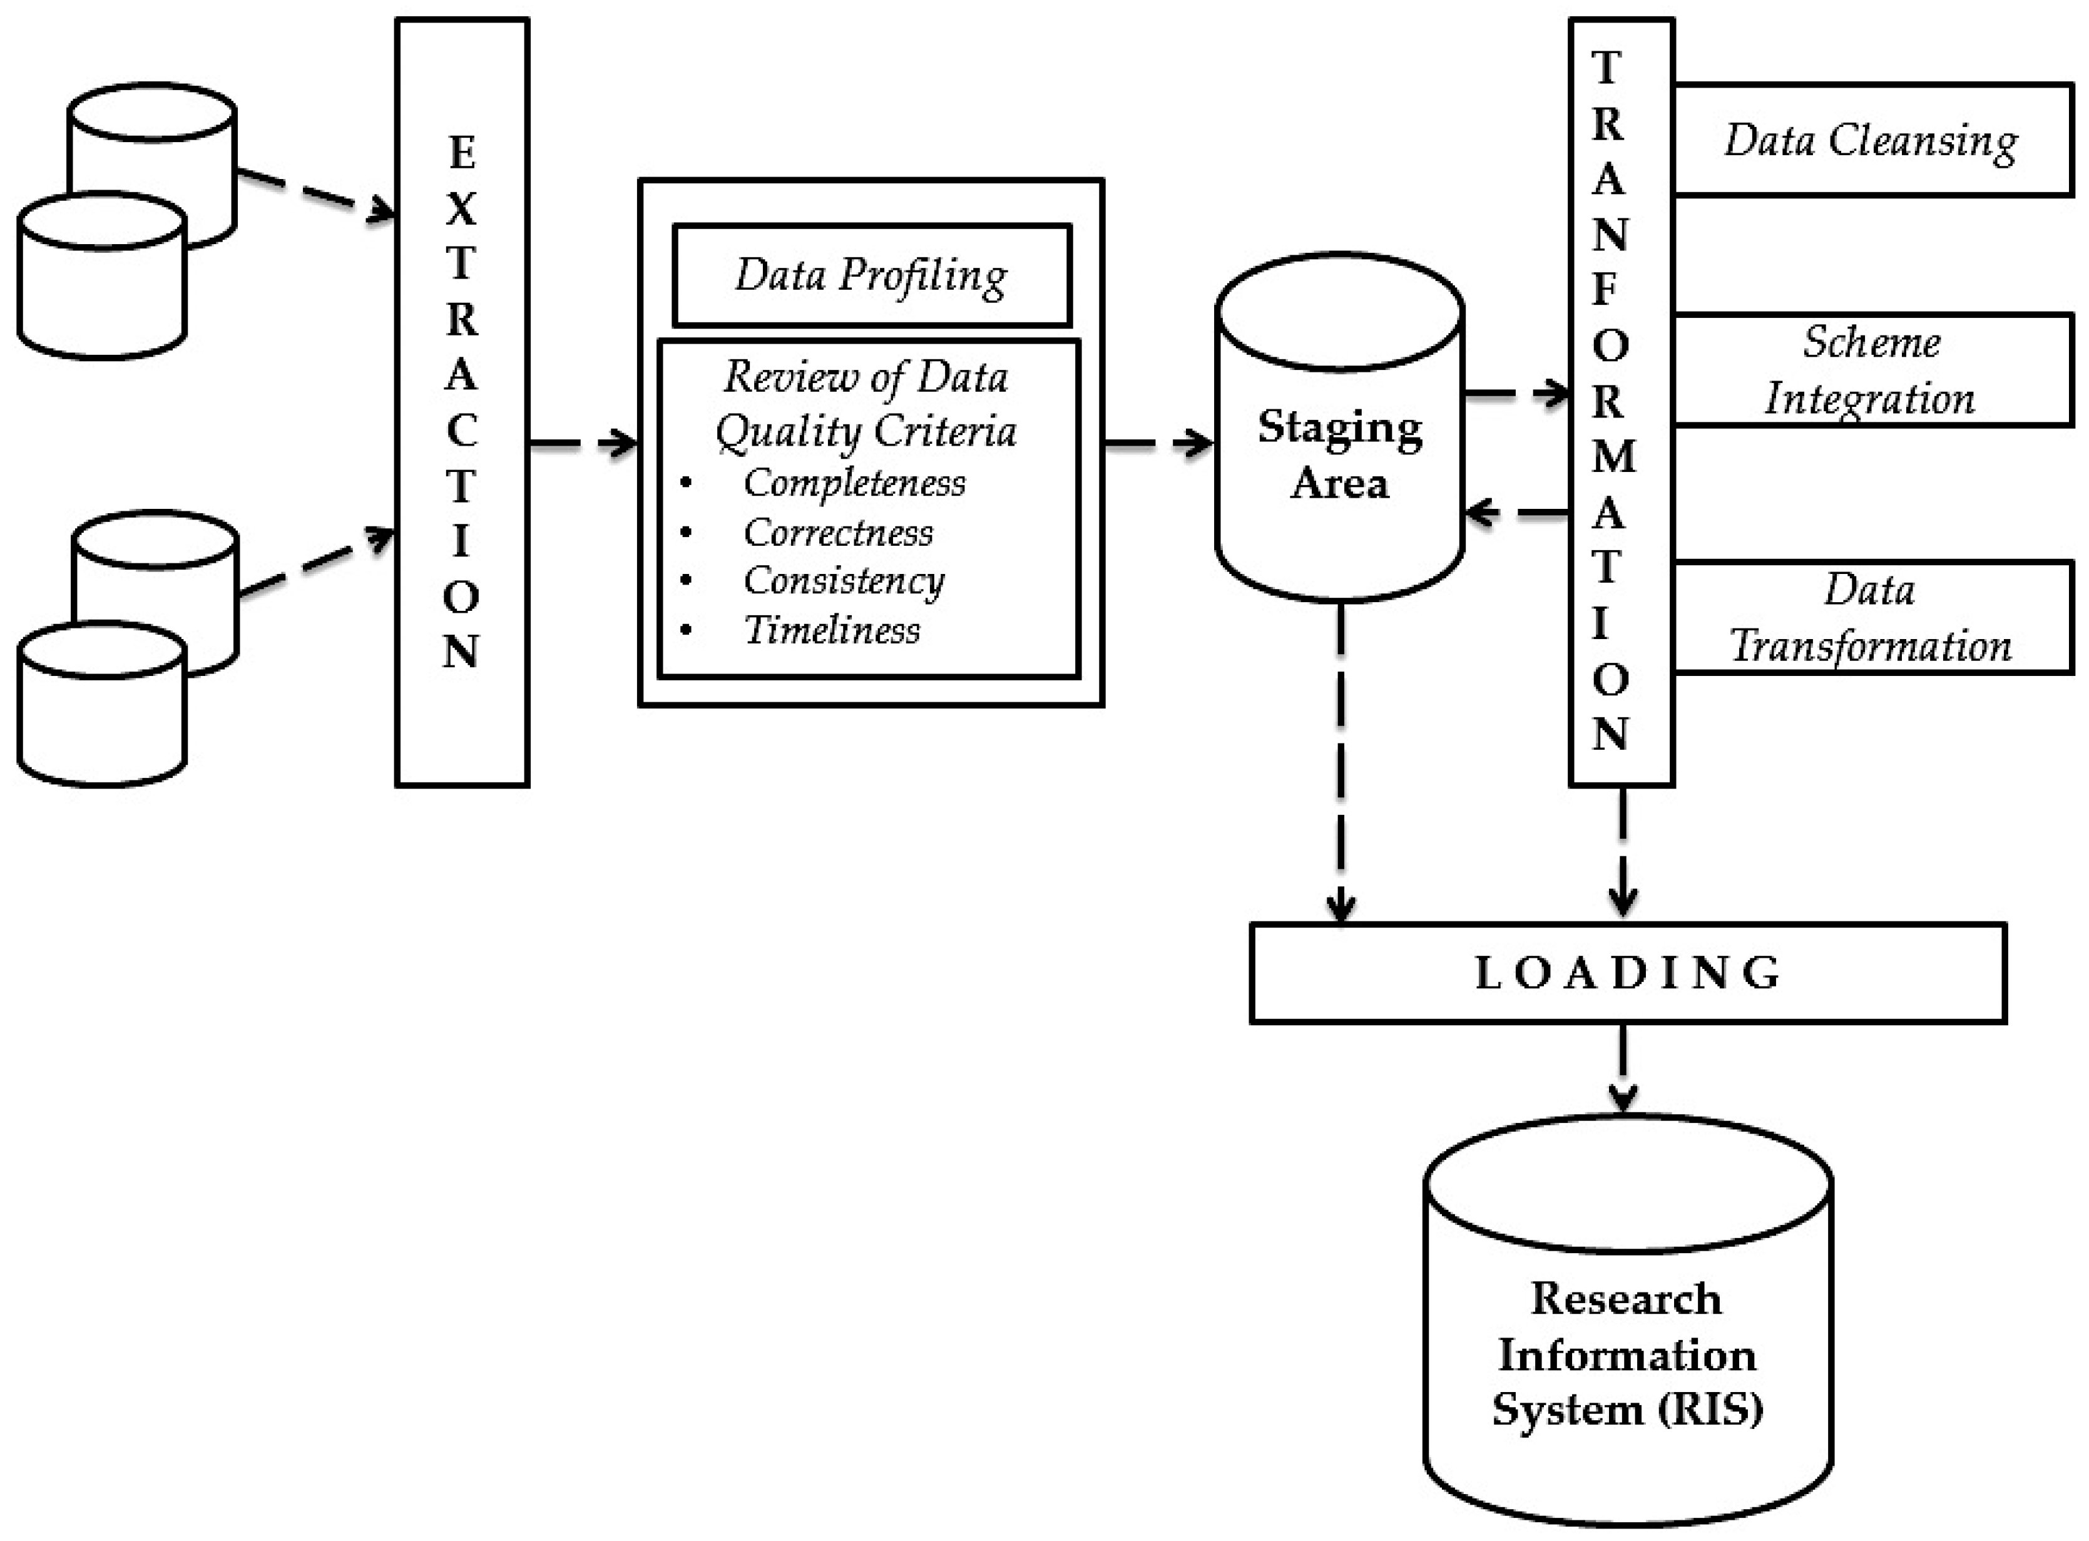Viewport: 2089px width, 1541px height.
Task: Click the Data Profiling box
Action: click(x=871, y=276)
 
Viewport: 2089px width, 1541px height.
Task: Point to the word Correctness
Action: click(x=837, y=533)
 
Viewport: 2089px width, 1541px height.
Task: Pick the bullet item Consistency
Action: click(x=844, y=581)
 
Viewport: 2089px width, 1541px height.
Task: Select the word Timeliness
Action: click(x=831, y=630)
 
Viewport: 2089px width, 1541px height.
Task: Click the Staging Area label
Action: click(x=1339, y=455)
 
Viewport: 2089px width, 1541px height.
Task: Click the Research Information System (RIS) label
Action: click(x=1627, y=1353)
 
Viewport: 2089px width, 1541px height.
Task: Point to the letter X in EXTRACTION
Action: click(x=461, y=209)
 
